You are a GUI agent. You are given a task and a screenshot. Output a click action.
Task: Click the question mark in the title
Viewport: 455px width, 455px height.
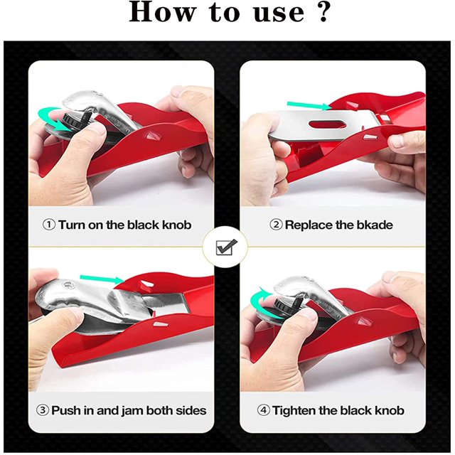point(323,11)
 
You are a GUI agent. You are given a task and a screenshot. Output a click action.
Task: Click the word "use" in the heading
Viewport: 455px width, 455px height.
point(279,14)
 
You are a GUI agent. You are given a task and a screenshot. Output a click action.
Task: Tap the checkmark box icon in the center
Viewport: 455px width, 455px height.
point(227,247)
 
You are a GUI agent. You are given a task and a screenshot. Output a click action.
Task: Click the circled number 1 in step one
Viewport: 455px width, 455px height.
point(49,225)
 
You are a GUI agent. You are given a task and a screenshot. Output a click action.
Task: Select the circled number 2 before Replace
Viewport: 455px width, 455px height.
point(276,225)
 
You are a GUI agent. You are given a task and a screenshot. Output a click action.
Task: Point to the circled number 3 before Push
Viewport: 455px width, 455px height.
point(43,410)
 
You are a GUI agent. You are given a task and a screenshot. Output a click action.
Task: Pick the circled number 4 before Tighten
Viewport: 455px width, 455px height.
point(263,410)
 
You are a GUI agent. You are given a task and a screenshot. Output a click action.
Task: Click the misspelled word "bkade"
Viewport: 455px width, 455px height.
point(375,225)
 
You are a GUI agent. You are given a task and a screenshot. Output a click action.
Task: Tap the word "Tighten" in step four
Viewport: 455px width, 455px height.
point(294,411)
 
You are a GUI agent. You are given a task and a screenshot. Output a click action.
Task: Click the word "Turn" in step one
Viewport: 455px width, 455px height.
point(72,225)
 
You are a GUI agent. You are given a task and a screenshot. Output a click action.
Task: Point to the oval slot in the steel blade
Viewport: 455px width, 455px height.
point(329,124)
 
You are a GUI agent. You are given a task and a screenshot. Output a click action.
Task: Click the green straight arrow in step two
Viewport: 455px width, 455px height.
point(309,106)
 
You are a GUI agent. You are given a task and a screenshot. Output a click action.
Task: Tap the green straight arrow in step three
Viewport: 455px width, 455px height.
point(102,279)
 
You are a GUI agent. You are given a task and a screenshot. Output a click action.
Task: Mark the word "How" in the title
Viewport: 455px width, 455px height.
point(161,12)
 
